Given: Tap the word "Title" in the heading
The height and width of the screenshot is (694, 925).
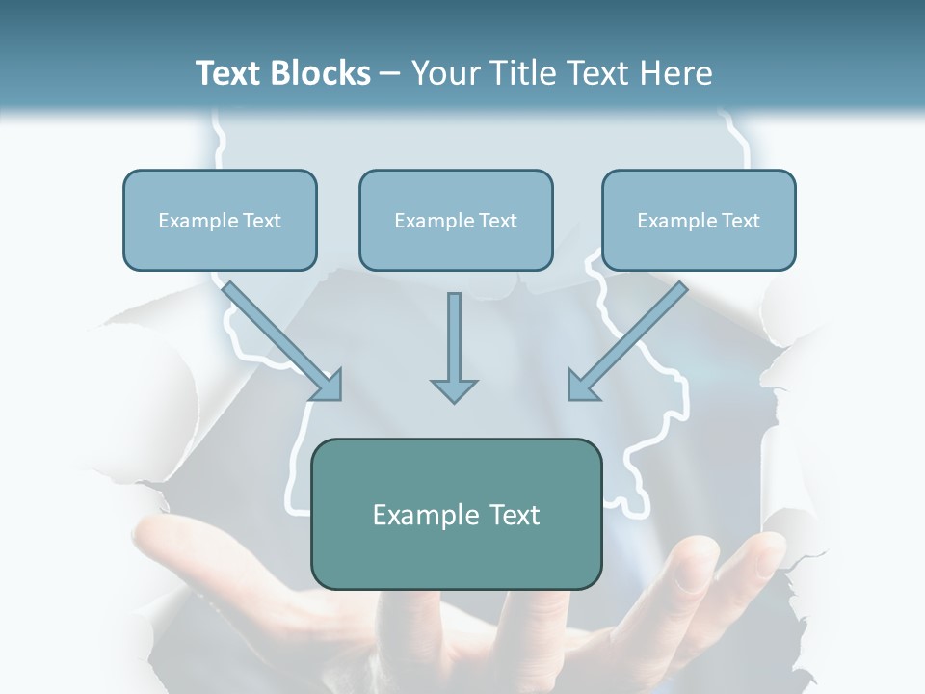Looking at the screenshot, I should pos(524,73).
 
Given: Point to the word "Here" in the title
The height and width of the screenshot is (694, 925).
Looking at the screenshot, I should pos(679,73).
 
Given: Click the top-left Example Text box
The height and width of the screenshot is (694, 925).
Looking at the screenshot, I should pos(220,220).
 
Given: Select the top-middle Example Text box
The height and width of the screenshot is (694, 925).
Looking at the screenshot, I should pos(456,220).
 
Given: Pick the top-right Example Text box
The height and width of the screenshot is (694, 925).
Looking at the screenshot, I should pos(699,220).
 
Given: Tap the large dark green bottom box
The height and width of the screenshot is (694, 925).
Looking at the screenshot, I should pos(456,514).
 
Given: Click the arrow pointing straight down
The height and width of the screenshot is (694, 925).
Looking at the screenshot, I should pos(454,342).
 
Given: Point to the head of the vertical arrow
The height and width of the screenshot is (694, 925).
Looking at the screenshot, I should pos(454,389).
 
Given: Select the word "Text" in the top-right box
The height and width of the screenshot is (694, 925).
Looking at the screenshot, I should pos(740,221).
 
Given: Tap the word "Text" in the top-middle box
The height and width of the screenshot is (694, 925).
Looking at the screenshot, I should pos(497,221).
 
